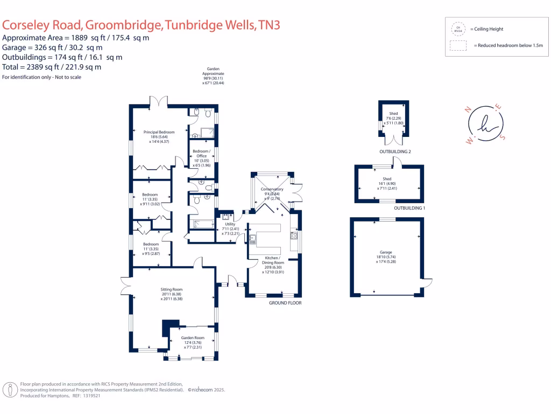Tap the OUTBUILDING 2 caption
pyautogui.click(x=394, y=152)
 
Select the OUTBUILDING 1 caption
pyautogui.click(x=409, y=208)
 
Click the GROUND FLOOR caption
pyautogui.click(x=285, y=303)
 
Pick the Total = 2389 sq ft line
pyautogui.click(x=52, y=67)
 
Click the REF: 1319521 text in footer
pyautogui.click(x=88, y=396)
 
